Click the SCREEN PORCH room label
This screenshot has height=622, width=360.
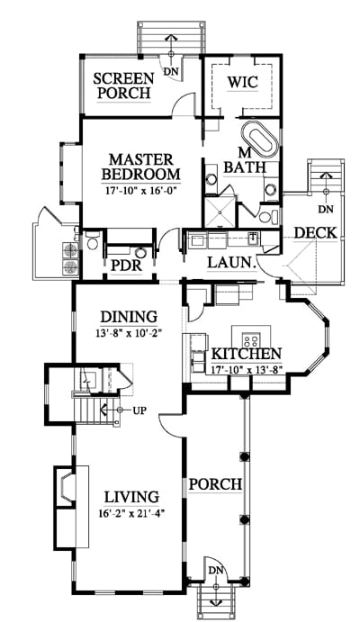(123, 86)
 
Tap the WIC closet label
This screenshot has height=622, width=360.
(242, 82)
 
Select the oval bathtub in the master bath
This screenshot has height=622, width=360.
(259, 140)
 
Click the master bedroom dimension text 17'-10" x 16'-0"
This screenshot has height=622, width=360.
(140, 190)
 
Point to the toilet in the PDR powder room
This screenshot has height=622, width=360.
(93, 241)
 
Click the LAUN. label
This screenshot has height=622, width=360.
(231, 263)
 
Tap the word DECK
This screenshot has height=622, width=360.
(316, 233)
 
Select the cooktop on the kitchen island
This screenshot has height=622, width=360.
(251, 339)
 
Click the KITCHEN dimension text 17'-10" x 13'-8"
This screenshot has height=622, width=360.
(247, 368)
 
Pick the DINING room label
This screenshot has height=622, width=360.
(129, 317)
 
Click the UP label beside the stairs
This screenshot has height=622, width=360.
(139, 410)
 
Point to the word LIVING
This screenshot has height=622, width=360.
(131, 497)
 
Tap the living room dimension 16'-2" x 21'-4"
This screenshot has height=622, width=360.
(131, 513)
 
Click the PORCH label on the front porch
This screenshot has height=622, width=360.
(215, 484)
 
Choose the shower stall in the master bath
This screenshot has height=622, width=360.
(220, 212)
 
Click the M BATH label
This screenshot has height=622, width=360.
(245, 161)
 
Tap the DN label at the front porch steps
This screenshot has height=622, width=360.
(216, 571)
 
